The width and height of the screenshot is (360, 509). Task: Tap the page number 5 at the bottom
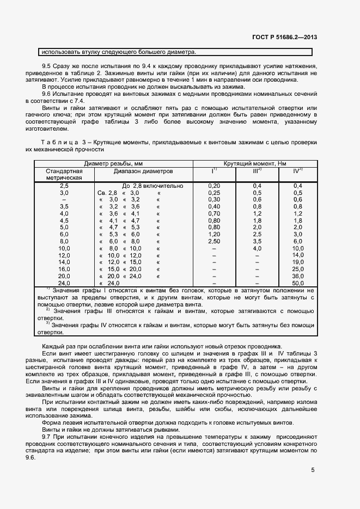313,470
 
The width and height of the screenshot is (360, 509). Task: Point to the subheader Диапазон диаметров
143,170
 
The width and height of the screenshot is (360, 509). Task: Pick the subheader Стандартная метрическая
64,174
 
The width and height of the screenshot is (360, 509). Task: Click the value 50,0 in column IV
297,283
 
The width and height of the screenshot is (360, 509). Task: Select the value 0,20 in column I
214,186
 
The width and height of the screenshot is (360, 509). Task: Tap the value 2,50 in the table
214,241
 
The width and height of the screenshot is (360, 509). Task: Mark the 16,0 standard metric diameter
64,269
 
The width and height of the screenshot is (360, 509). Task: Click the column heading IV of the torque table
297,170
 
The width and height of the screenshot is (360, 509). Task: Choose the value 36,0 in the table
297,276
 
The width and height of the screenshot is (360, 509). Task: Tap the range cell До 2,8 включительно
152,186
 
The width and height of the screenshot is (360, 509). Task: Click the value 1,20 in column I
214,234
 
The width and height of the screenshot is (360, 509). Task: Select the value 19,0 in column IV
297,262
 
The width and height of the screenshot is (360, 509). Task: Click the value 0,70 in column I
214,213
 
